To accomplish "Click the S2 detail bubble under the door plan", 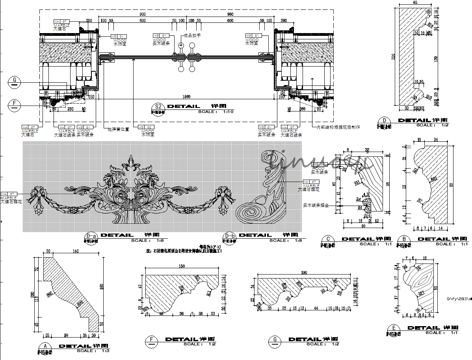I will (x=158, y=107).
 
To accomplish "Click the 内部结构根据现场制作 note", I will (x=338, y=127).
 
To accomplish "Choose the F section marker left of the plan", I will (x=15, y=104).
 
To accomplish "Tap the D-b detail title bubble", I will (x=229, y=238).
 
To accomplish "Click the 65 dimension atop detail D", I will (x=415, y=3).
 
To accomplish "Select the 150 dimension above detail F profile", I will (x=182, y=266).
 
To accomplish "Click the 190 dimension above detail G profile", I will (x=304, y=273).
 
